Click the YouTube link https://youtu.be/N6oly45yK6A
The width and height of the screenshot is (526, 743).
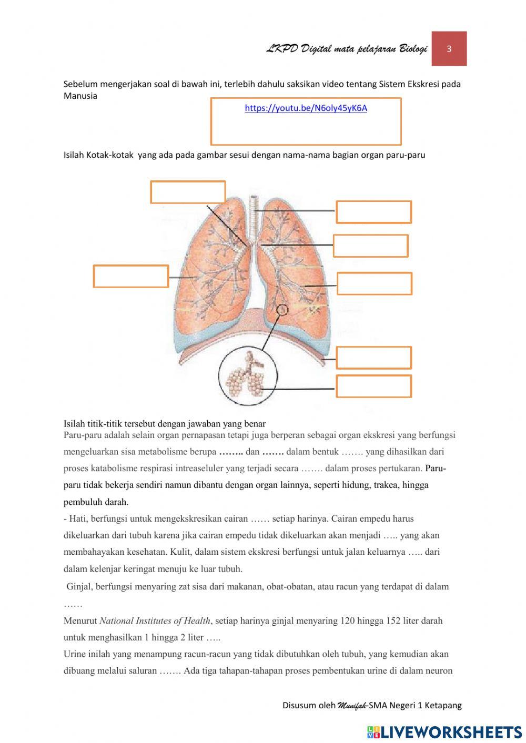point(306,108)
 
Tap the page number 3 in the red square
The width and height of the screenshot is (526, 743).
point(449,49)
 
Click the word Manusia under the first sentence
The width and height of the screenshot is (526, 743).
point(80,96)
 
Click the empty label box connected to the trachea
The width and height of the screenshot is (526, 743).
point(373,212)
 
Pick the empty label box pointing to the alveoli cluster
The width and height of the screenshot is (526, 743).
point(373,386)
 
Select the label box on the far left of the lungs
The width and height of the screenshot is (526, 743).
point(130,276)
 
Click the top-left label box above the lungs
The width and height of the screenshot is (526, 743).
point(188,192)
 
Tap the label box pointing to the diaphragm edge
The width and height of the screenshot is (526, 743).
point(373,358)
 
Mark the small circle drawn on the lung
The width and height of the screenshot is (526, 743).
point(282,310)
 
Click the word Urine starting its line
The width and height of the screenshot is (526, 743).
point(75,654)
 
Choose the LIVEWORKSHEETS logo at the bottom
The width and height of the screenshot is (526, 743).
point(444,731)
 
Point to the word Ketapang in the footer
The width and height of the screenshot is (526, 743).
point(443,706)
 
